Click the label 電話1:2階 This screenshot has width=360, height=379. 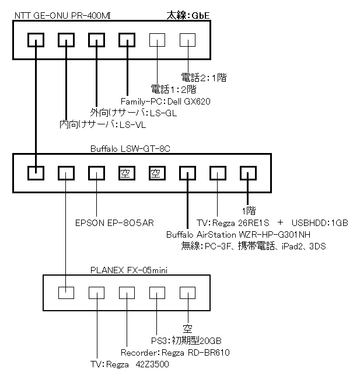click(x=174, y=89)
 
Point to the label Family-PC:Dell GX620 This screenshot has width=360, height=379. click(x=165, y=101)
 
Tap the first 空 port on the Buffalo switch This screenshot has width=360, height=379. click(x=126, y=173)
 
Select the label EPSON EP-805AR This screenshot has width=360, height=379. click(x=114, y=222)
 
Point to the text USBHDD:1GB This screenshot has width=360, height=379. click(x=320, y=222)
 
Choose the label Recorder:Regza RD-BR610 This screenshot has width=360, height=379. click(x=176, y=352)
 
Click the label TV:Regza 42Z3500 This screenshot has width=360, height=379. click(x=130, y=364)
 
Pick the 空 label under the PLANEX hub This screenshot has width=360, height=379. click(x=187, y=328)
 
